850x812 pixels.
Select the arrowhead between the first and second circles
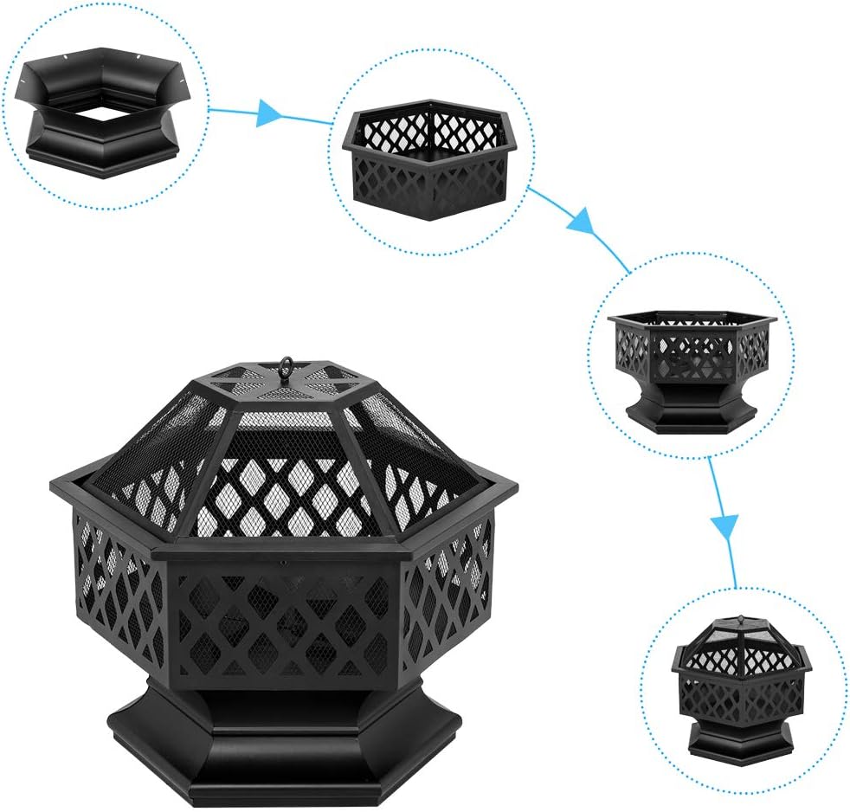pyautogui.click(x=270, y=113)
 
